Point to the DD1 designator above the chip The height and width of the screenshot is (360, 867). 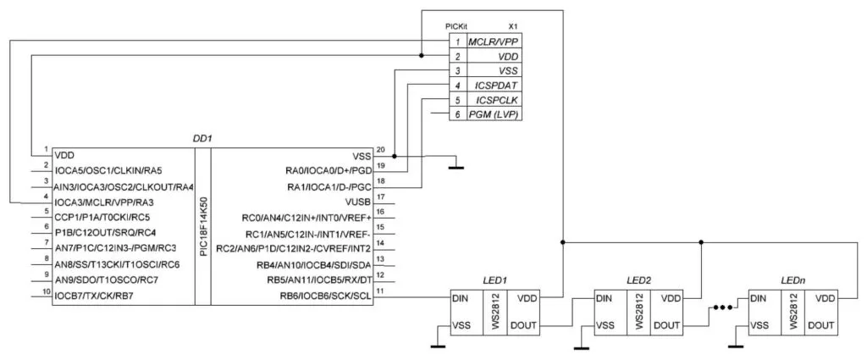(202, 138)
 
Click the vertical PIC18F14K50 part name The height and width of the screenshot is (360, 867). (203, 226)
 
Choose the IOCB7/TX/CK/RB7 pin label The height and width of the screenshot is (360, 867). (94, 296)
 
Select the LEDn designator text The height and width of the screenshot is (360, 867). (794, 280)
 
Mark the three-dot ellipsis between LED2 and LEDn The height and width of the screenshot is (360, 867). (722, 307)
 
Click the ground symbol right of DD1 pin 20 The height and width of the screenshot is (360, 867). (456, 167)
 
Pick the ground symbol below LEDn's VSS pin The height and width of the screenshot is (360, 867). (735, 345)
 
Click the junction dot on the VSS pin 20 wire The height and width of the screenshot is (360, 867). (395, 157)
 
